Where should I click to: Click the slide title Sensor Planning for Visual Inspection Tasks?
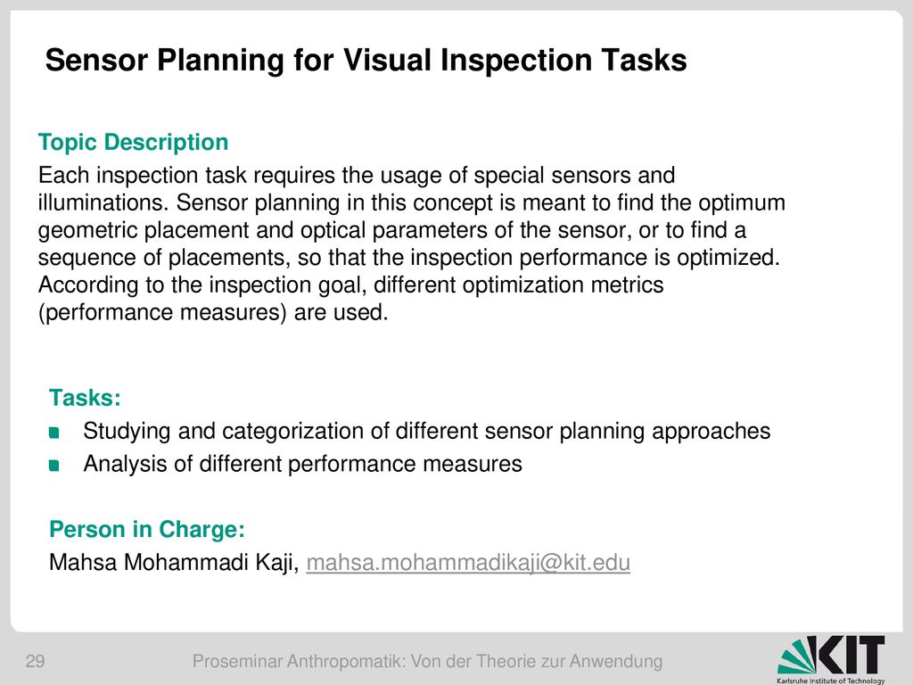[366, 61]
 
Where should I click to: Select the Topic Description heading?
[134, 143]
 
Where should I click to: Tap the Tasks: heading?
[85, 398]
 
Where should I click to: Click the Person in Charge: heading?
[147, 530]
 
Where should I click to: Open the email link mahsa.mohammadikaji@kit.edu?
[468, 563]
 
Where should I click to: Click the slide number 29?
[35, 661]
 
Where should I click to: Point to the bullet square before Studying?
[54, 433]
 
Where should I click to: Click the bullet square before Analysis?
[54, 465]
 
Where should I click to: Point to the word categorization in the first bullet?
[306, 432]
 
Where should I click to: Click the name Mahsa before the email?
[83, 563]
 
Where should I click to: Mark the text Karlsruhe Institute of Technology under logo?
[831, 681]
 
